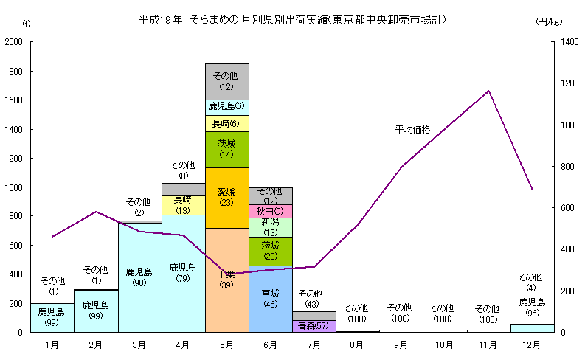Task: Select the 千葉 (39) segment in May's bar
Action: coord(226,280)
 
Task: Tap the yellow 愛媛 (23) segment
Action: coord(226,198)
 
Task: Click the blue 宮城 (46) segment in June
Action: coord(270,298)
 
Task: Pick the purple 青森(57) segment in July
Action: coord(314,326)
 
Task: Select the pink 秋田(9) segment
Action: coord(270,211)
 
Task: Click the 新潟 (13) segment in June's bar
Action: coord(270,227)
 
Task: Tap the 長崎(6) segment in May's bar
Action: coord(226,123)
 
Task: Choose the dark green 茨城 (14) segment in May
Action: coord(226,149)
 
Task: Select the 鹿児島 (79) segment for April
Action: coord(183,273)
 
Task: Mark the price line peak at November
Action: coord(488,91)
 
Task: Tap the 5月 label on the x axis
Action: coord(226,345)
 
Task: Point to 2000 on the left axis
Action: coord(13,42)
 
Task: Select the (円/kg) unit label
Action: coord(549,23)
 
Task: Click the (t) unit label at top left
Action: coord(27,24)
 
